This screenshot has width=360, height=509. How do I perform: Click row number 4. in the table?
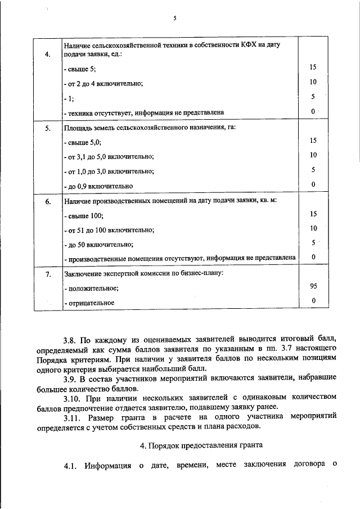(48, 55)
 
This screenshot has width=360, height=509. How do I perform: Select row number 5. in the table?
(48, 129)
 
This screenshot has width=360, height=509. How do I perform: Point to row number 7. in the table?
(48, 274)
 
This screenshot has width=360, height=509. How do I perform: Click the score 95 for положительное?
(313, 286)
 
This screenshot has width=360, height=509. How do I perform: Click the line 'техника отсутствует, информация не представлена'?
(144, 112)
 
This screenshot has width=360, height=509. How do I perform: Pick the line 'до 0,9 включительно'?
(98, 185)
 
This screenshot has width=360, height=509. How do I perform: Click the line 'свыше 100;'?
(84, 215)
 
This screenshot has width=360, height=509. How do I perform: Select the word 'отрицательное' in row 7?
(89, 303)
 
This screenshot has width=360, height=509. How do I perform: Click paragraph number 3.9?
(71, 377)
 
